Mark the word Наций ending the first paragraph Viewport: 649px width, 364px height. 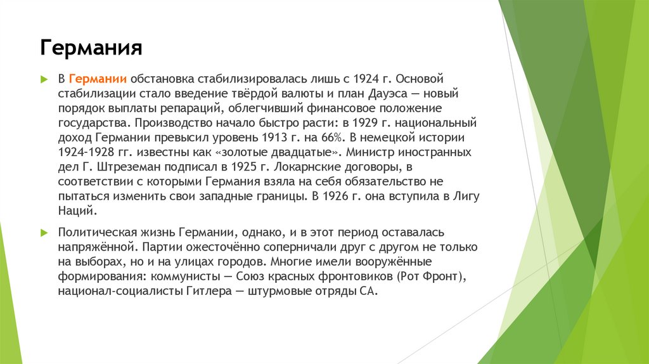click(75, 211)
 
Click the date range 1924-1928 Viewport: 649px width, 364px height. click(84, 152)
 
